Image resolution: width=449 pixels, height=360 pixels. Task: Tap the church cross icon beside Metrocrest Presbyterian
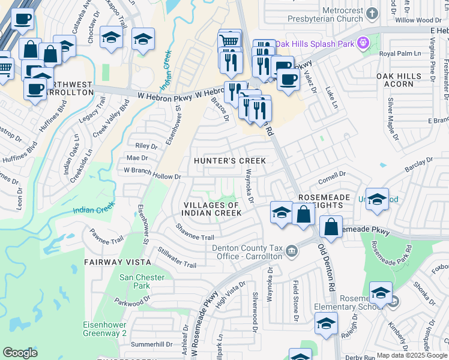tap(372, 13)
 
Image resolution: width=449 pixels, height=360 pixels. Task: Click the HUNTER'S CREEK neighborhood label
tap(230, 161)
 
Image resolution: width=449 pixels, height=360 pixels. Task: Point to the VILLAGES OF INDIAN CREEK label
tap(211, 209)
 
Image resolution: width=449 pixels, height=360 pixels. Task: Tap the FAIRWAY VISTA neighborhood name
tap(114, 262)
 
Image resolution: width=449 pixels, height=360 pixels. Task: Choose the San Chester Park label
tap(134, 281)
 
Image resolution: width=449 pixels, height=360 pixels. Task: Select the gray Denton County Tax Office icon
tap(291, 250)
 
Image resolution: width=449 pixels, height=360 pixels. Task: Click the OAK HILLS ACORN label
tap(399, 80)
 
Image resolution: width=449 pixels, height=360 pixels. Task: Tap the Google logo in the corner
tap(20, 352)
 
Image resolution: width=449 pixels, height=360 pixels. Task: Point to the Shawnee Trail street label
tap(194, 233)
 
